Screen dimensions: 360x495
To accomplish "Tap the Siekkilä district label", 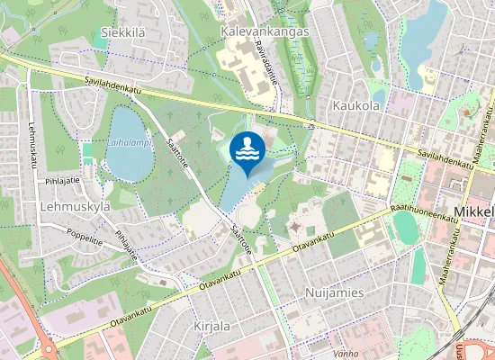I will pyautogui.click(x=124, y=31).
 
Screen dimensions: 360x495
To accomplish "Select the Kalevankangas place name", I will pyautogui.click(x=264, y=31).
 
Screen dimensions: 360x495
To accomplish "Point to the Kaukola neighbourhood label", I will pyautogui.click(x=355, y=105).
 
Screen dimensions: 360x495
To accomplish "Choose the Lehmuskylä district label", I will pyautogui.click(x=75, y=206).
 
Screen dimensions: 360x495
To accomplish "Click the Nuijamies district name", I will pyautogui.click(x=334, y=293).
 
